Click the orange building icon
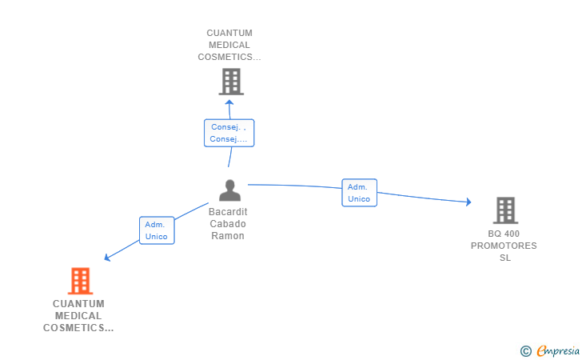(80, 281)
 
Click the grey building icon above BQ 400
(505, 210)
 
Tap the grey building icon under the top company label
(231, 82)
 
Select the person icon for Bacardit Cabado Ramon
(229, 190)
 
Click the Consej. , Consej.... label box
(229, 133)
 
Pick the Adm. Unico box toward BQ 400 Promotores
(359, 193)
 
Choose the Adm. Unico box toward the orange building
(157, 230)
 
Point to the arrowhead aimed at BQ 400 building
(468, 202)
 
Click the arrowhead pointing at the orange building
(107, 257)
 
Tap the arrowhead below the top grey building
(229, 102)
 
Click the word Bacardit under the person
(228, 212)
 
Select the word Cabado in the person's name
(228, 224)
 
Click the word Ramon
(228, 236)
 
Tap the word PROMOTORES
(504, 246)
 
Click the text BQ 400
(504, 234)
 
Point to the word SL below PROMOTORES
(504, 258)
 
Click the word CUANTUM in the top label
(229, 33)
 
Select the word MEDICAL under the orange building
(78, 316)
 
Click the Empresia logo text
(558, 350)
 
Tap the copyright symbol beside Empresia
(525, 351)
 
